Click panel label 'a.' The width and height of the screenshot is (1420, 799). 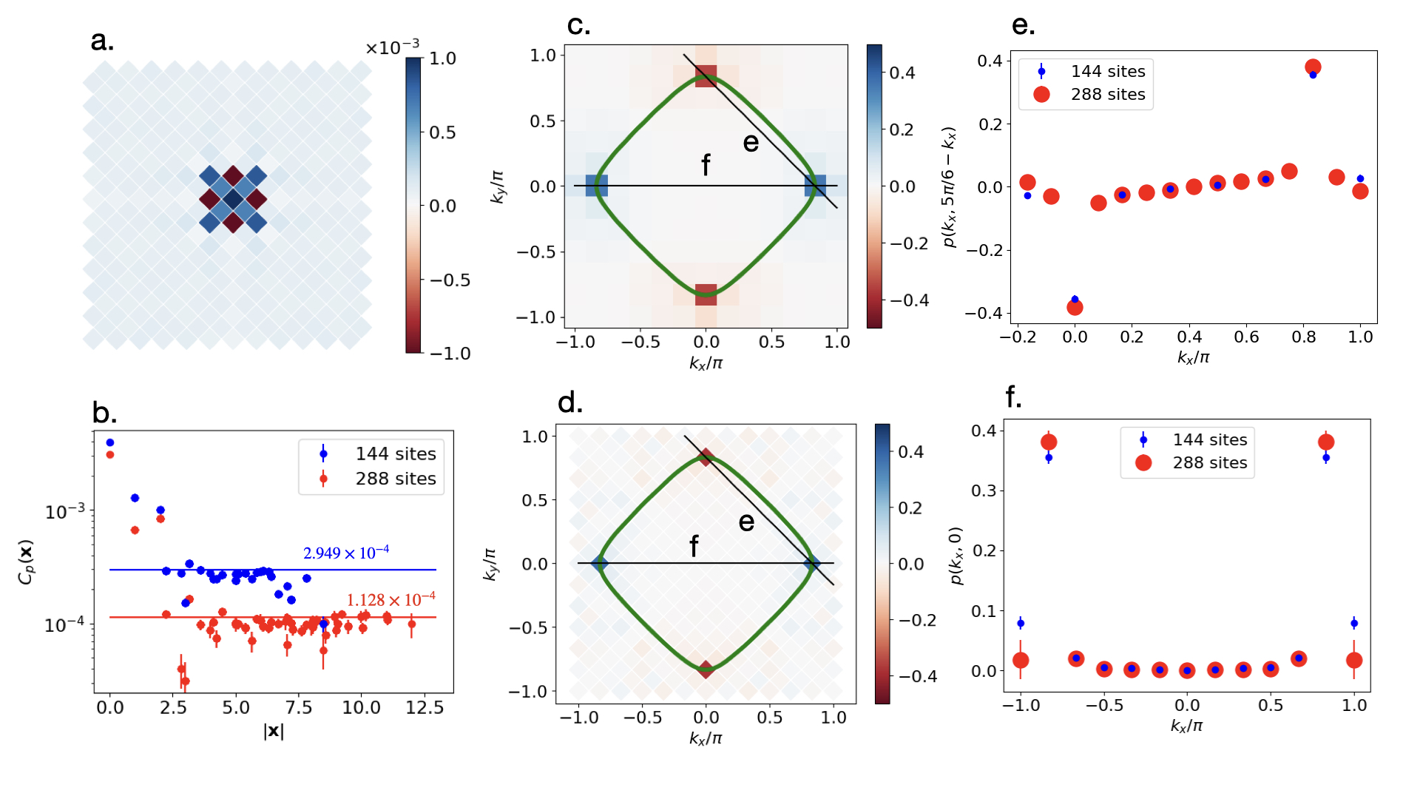102,41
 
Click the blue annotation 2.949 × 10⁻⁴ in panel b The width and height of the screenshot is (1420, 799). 345,553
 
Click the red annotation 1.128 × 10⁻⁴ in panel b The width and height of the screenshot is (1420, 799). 390,599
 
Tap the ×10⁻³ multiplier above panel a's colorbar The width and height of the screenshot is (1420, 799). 392,48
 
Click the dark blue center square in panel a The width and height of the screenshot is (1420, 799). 233,199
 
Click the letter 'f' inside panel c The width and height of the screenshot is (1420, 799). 706,166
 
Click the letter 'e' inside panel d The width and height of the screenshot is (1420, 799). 746,522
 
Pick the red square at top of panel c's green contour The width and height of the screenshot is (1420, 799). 706,76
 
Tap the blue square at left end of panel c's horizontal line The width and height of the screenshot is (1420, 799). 596,186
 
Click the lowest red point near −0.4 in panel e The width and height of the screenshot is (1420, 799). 1075,307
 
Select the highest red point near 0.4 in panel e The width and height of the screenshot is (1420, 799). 1313,67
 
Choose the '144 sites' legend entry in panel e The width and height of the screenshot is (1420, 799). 1107,71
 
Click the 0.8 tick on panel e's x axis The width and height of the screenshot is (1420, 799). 1303,337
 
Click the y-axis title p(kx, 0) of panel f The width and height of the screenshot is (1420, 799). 956,556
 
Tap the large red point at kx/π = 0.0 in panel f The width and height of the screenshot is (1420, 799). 1187,670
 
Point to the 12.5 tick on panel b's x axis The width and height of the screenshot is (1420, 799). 425,708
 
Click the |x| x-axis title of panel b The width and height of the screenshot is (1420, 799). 274,731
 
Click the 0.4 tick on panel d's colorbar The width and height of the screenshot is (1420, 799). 910,451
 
